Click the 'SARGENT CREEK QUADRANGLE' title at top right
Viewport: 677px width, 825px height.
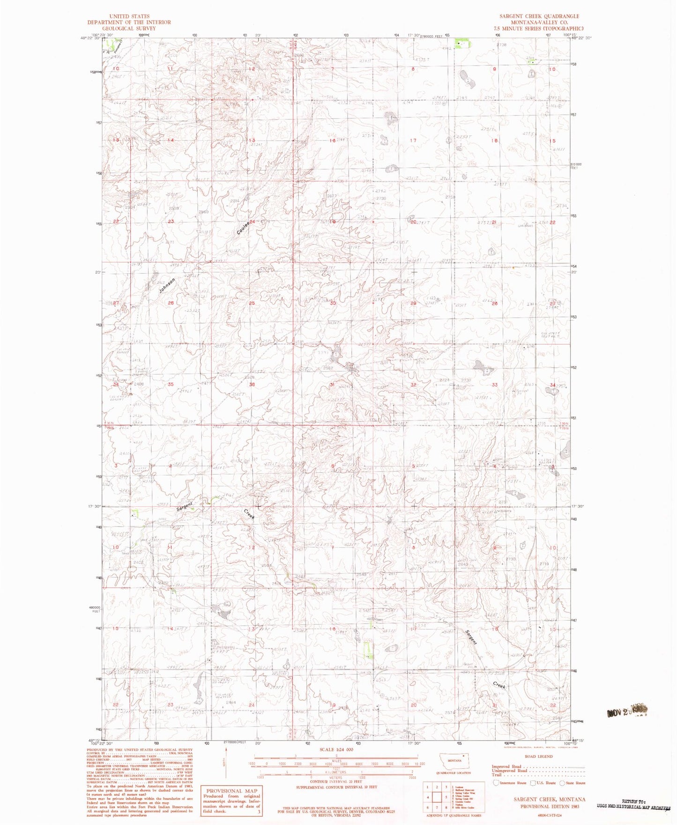click(539, 16)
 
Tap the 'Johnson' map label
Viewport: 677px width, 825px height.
click(166, 285)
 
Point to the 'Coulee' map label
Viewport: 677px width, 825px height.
click(243, 228)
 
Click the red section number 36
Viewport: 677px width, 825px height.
click(252, 385)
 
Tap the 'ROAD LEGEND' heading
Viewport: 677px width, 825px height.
click(539, 756)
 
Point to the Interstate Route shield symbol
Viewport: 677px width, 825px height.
click(496, 783)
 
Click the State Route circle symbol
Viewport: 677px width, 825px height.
click(562, 783)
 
